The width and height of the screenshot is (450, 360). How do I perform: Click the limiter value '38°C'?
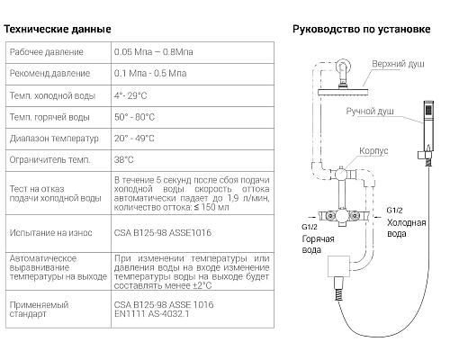[x=125, y=160]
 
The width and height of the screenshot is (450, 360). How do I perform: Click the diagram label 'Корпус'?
[x=373, y=151]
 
